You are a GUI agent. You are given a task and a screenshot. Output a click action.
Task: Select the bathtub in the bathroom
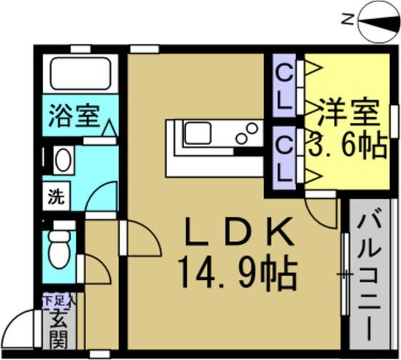click(79, 74)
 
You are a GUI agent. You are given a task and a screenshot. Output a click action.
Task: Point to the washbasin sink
click(61, 159)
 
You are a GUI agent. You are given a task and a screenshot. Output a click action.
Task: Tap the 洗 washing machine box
click(55, 196)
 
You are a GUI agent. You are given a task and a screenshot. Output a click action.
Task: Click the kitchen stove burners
click(246, 133)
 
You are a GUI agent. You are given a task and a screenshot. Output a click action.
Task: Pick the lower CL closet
click(284, 156)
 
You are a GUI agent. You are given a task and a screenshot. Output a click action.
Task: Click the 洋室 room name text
click(349, 113)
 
